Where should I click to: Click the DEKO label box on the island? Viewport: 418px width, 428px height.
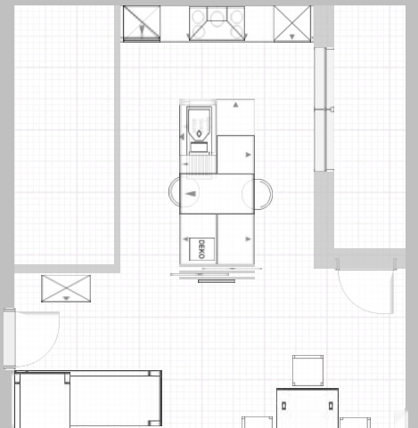(201, 249)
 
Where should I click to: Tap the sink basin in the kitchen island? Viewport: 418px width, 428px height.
(199, 124)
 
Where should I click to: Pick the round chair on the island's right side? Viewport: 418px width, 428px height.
(257, 194)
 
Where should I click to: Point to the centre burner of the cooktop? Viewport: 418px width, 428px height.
(217, 15)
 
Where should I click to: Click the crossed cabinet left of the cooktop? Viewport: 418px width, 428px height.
(142, 23)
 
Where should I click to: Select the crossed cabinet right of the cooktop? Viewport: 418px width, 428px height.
(292, 23)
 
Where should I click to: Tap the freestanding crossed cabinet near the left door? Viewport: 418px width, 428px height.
(66, 288)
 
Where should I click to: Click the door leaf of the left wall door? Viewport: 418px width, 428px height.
(10, 339)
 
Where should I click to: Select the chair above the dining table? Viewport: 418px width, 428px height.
(307, 370)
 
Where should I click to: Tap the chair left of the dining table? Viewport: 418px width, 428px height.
(257, 422)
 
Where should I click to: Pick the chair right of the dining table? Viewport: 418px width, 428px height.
(355, 423)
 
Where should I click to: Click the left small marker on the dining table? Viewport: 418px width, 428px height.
(283, 406)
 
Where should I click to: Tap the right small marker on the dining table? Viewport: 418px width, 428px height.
(331, 406)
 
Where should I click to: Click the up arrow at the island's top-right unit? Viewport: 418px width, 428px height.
(235, 104)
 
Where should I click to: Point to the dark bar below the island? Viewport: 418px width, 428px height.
(217, 281)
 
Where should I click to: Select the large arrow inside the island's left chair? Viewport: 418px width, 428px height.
(191, 194)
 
